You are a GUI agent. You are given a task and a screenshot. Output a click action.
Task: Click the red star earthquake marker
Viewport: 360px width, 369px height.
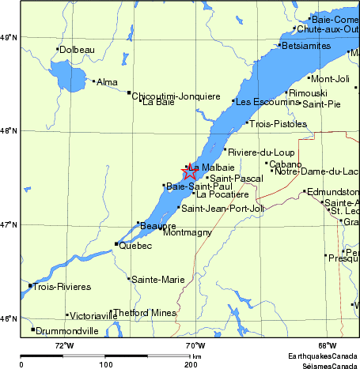pyautogui.click(x=190, y=171)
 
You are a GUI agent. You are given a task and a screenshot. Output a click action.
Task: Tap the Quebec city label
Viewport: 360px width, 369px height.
pyautogui.click(x=135, y=245)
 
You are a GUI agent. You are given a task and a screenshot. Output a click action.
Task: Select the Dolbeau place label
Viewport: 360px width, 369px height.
pyautogui.click(x=78, y=50)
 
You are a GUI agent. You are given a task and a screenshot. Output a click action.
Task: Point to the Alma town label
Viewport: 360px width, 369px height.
pyautogui.click(x=107, y=81)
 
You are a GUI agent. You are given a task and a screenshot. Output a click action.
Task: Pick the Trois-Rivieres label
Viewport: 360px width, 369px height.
pyautogui.click(x=63, y=286)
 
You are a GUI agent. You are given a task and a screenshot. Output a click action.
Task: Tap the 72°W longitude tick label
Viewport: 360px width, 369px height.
pyautogui.click(x=64, y=345)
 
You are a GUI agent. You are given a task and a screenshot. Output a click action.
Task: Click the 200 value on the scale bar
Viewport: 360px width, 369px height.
pyautogui.click(x=191, y=364)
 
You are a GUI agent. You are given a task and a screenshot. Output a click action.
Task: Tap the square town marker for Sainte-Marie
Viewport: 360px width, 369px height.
pyautogui.click(x=129, y=278)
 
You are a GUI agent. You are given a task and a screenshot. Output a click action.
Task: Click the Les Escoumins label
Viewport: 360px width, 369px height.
pyautogui.click(x=266, y=101)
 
